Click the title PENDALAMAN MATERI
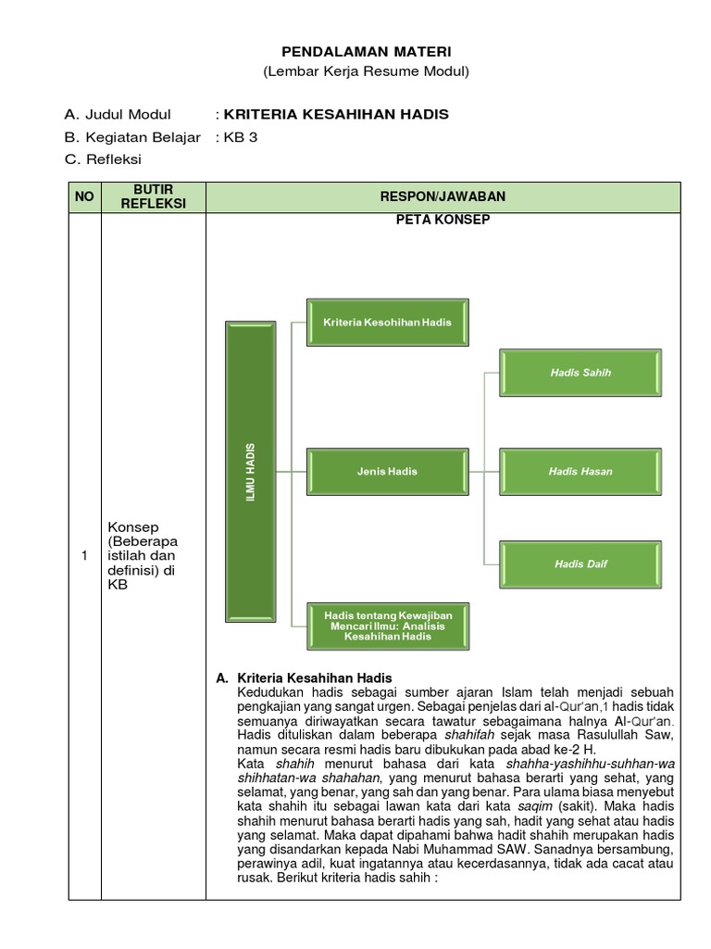[367, 51]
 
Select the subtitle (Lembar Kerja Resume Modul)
[367, 71]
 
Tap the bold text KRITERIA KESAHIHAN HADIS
[336, 115]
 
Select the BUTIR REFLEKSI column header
[154, 196]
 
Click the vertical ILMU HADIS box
[251, 470]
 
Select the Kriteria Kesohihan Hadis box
[387, 322]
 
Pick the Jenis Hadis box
[387, 471]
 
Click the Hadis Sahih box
[580, 373]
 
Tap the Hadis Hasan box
[580, 471]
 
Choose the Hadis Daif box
[580, 563]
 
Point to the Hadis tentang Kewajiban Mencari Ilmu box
[387, 626]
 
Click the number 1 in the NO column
[85, 556]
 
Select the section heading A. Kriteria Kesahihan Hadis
[306, 677]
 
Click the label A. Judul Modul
[118, 115]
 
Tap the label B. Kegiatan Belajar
[132, 137]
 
